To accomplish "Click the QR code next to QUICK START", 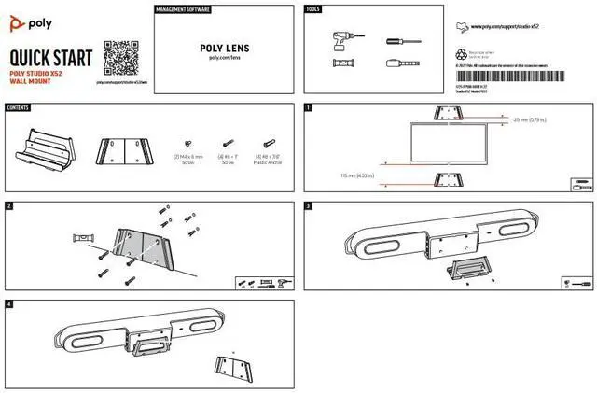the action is point(115,55).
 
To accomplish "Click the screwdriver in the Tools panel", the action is point(396,42).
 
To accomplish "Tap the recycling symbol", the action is point(464,55).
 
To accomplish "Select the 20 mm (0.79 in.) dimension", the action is point(530,120).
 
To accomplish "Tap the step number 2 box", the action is point(8,205).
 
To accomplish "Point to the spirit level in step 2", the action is point(78,241).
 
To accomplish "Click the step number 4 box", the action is point(8,304).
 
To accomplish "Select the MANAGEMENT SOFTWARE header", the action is point(182,9).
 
